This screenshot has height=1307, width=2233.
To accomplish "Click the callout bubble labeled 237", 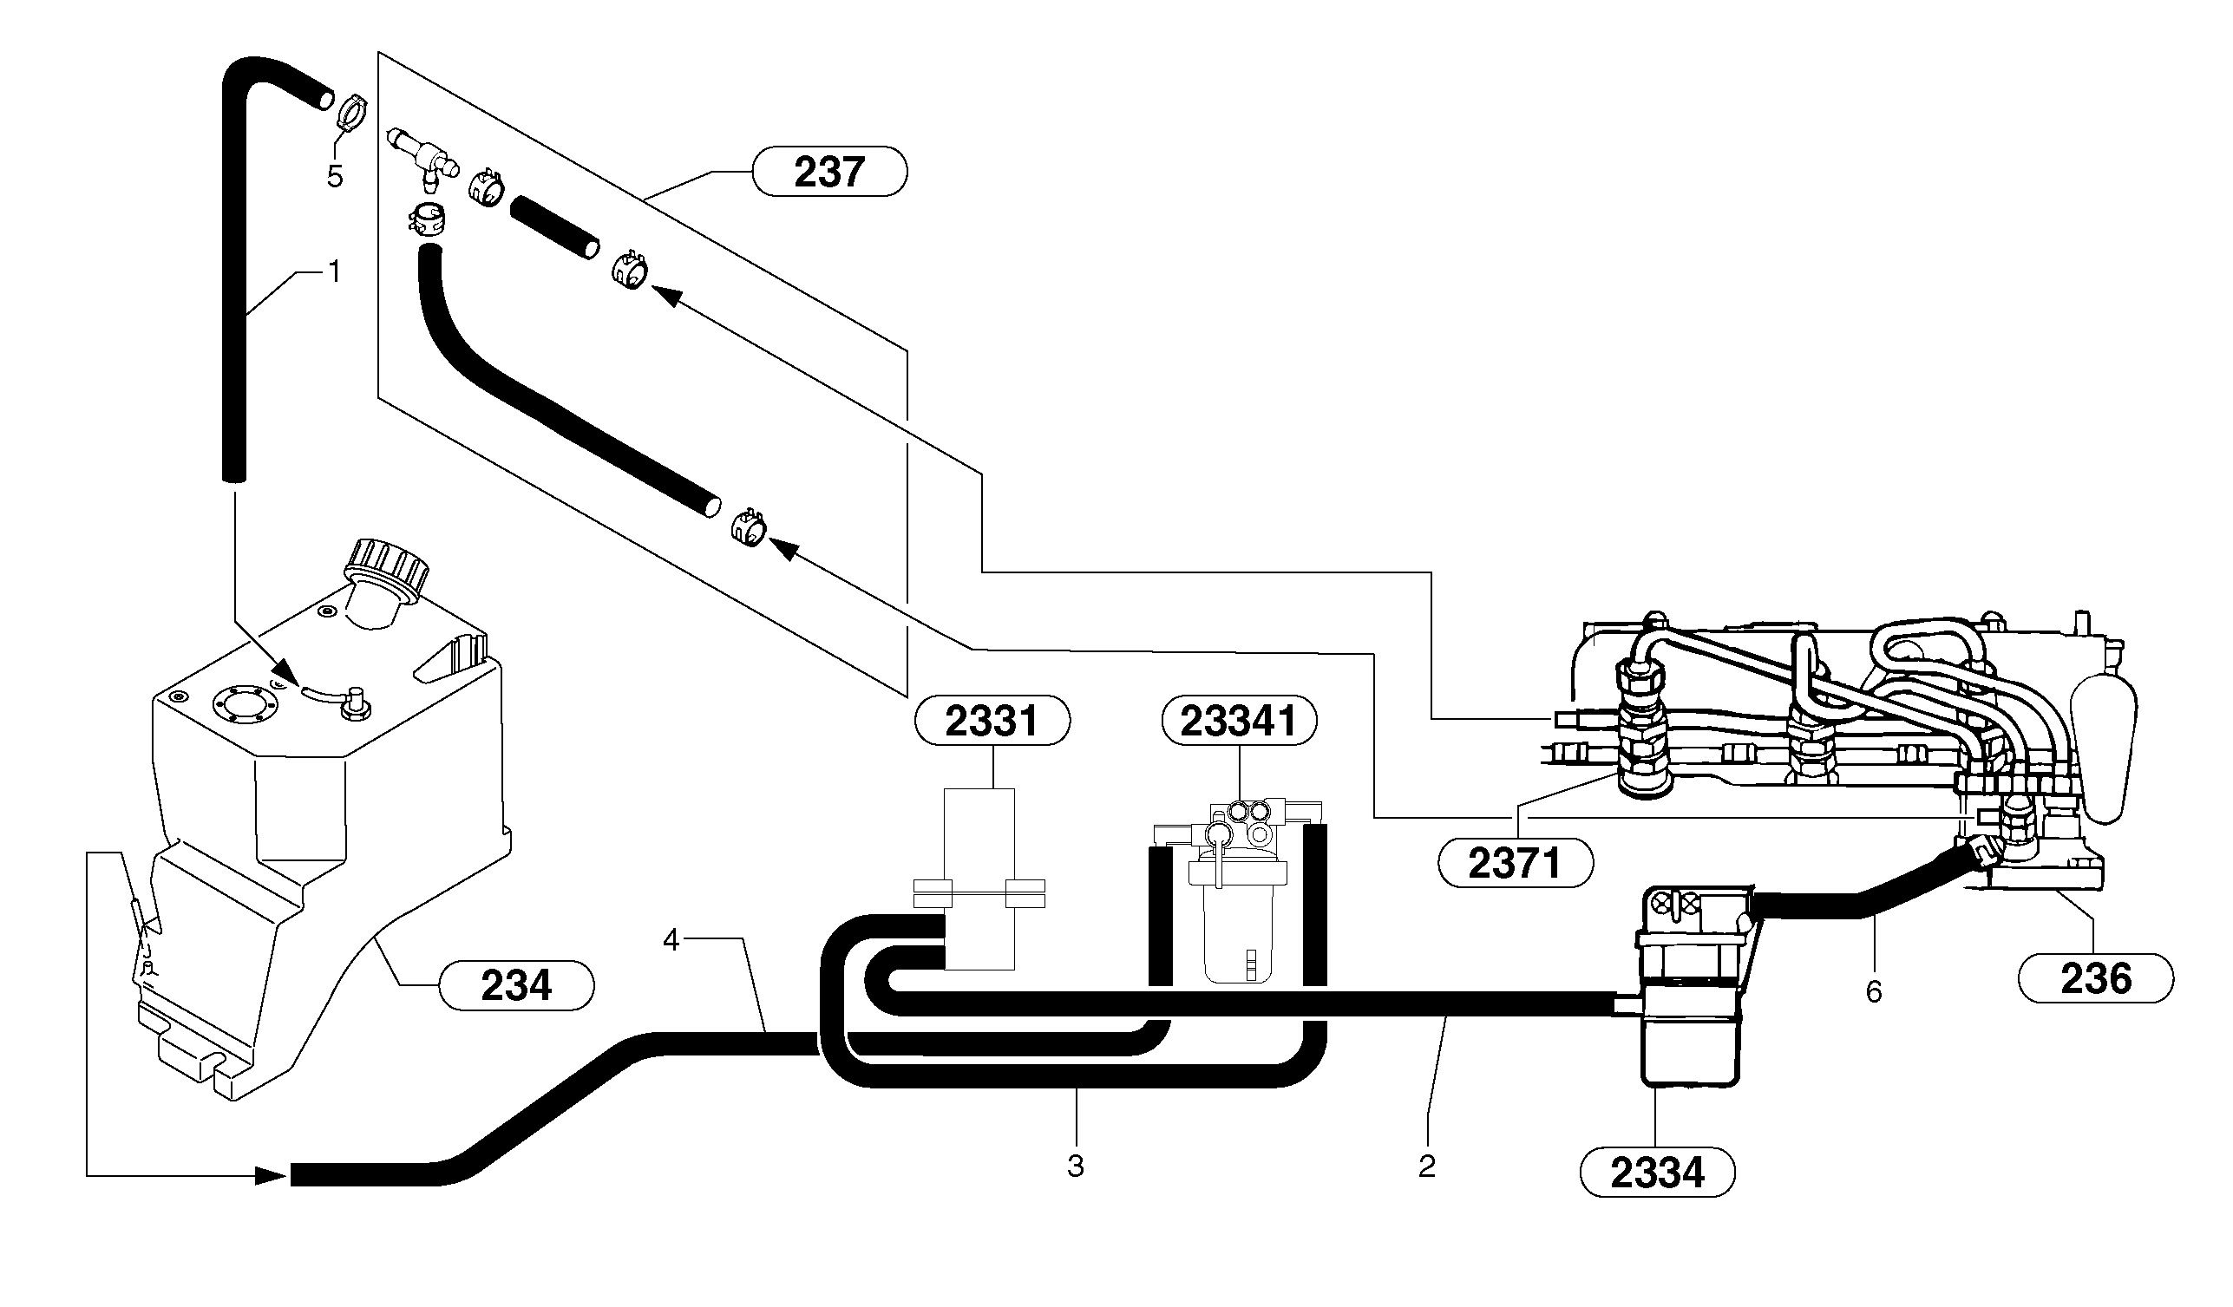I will coord(828,171).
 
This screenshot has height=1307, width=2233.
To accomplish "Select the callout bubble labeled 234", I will coord(515,984).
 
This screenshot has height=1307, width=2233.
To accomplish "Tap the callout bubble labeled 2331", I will coord(991,721).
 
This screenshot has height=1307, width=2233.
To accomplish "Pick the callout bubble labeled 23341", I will coord(1239,721).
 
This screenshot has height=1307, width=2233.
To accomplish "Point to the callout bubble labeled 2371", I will coord(1515,862).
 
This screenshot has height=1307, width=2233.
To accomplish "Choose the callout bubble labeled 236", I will coord(2095,978).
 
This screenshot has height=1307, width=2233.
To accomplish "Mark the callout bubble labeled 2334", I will coord(1657,1173).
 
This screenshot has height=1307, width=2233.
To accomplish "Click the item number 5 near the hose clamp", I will coord(334,176).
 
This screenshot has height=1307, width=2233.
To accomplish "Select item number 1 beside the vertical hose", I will coord(334,272).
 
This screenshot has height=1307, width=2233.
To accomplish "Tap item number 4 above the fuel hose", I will coord(671,940).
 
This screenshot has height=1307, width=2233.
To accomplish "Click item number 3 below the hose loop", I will coord(1075,1167).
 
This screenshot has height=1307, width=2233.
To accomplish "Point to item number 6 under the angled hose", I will coord(1873,991).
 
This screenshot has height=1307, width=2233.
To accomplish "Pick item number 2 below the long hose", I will coord(1425,1167).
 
